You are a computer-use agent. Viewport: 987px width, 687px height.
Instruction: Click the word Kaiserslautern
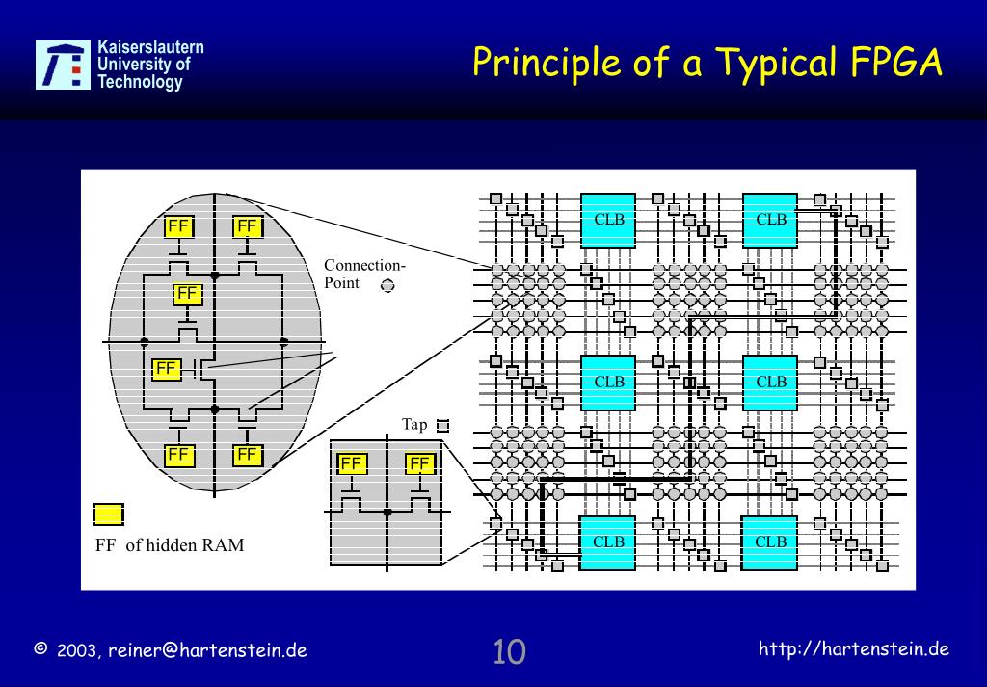pos(150,47)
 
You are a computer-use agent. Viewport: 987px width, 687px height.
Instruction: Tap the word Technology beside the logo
pos(140,83)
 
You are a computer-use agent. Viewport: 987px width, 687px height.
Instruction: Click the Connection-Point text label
pos(364,274)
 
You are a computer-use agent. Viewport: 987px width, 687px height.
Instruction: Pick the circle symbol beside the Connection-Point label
pos(387,285)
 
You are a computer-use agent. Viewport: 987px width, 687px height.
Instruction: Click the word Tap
pos(414,424)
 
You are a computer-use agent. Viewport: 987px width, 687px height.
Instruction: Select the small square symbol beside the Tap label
pos(443,425)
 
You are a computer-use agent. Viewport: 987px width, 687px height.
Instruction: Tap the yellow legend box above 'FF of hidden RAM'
pos(108,515)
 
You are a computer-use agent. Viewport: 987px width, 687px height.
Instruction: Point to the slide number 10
pos(509,651)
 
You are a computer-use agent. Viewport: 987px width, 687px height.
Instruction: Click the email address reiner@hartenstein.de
pos(207,650)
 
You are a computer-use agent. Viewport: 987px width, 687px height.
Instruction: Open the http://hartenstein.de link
pos(854,648)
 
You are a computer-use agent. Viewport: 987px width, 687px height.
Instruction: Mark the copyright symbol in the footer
pos(40,648)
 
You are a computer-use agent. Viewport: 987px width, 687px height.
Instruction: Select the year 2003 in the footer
pos(77,651)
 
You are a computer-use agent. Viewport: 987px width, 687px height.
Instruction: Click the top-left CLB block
pos(608,220)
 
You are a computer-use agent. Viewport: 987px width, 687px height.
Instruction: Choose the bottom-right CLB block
pos(770,542)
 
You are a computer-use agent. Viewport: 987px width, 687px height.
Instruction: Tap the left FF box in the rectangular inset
pos(352,464)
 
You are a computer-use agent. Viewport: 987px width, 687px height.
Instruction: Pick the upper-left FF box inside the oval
pos(178,226)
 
